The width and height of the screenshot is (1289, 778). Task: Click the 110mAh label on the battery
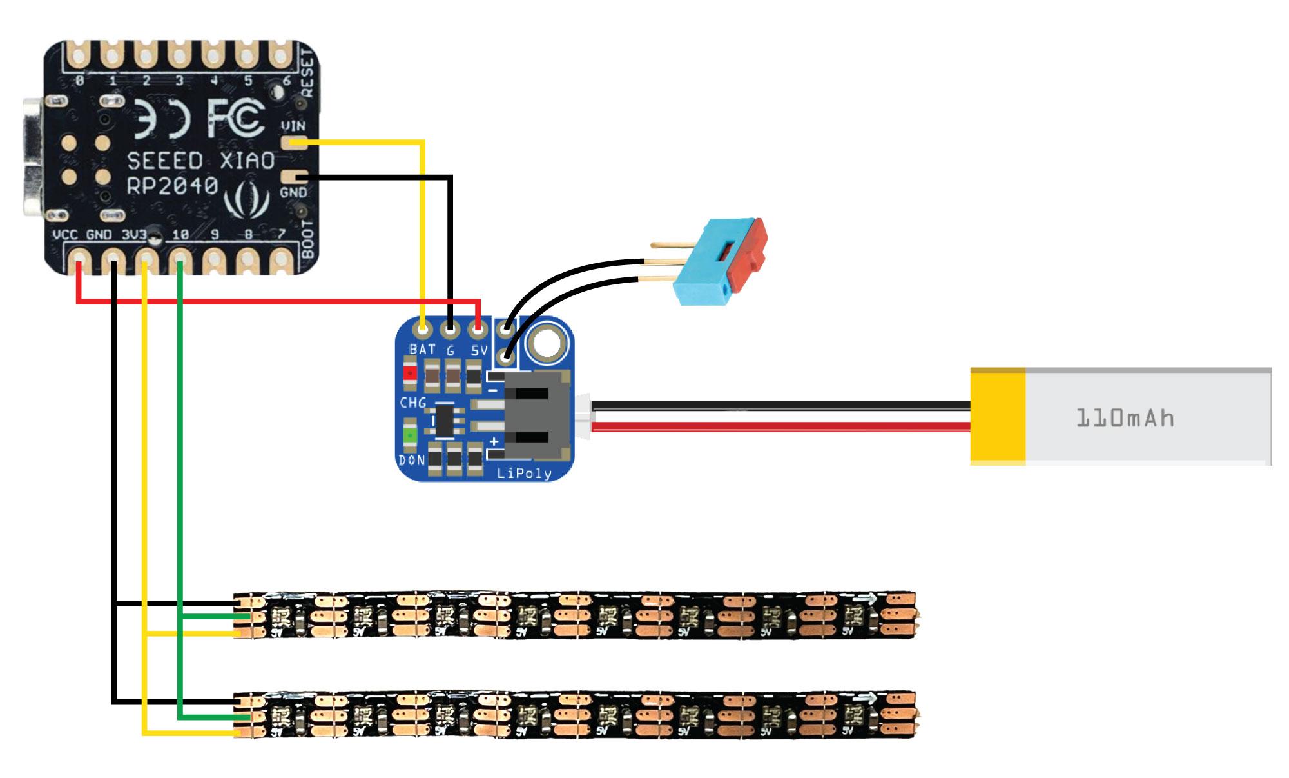tap(1125, 418)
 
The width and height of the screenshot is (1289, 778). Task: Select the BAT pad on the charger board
tap(423, 331)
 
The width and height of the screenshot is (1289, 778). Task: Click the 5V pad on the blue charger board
tap(478, 331)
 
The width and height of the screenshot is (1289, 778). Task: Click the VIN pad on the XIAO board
tap(294, 143)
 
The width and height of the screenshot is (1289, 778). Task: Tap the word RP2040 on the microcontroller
tap(172, 186)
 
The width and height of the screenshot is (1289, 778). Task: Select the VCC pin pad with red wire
tap(79, 261)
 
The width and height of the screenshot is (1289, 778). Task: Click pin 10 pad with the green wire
tap(180, 261)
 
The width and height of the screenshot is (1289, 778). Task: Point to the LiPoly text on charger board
tap(524, 474)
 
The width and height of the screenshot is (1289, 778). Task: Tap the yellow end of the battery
tap(998, 417)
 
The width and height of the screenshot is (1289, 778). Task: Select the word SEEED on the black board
tap(165, 161)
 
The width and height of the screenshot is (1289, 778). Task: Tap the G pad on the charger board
tap(450, 331)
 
